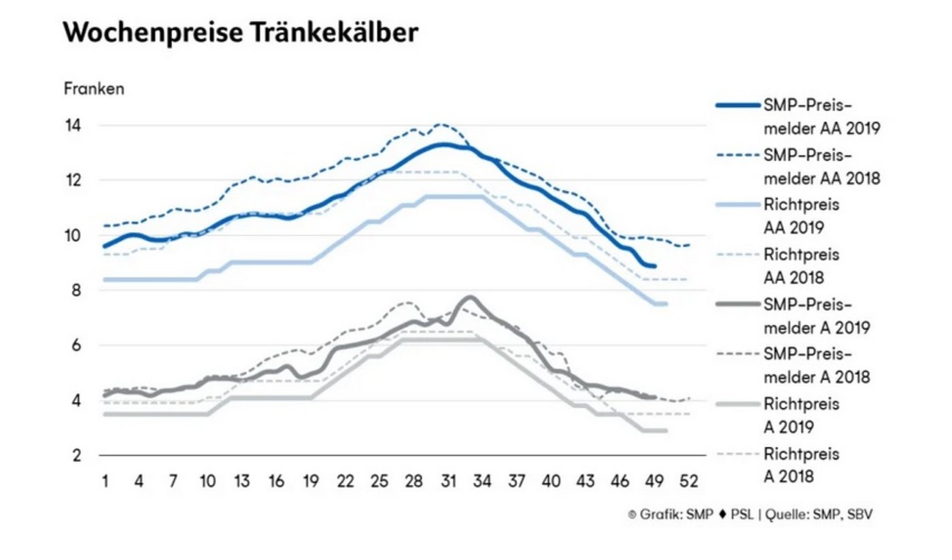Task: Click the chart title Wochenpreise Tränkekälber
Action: pos(240,33)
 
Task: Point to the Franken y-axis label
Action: pos(94,89)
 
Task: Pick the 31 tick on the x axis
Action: pos(447,481)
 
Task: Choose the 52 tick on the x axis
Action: pos(689,481)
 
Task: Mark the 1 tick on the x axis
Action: pos(105,481)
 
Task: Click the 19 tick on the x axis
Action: pos(310,481)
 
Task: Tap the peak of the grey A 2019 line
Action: pos(469,297)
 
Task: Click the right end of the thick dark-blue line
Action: pos(654,266)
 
